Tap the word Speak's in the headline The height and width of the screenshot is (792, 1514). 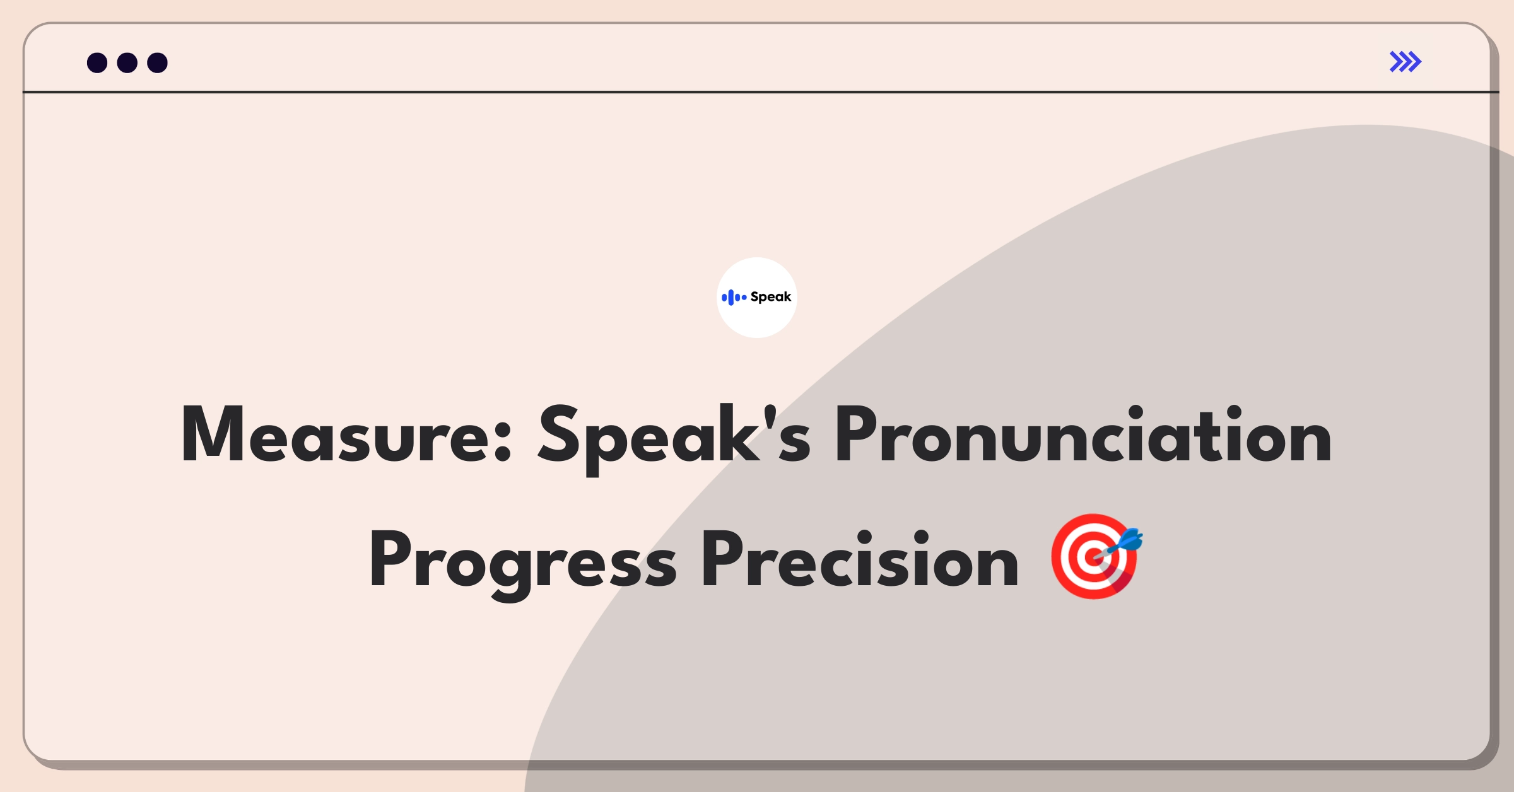(x=674, y=438)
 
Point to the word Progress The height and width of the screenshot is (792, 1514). (x=523, y=563)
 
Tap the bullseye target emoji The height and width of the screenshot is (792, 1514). (x=1096, y=556)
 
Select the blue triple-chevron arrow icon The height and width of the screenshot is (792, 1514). (x=1405, y=62)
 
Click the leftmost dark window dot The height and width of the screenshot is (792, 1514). (x=97, y=62)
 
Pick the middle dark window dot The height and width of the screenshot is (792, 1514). (x=127, y=62)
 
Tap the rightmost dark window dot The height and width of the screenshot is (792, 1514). (x=157, y=62)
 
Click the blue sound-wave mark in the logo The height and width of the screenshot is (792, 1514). (x=734, y=297)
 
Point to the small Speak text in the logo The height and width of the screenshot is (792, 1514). (x=771, y=297)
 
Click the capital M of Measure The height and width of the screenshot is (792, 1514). (x=213, y=434)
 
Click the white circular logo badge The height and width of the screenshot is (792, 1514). (x=757, y=298)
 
